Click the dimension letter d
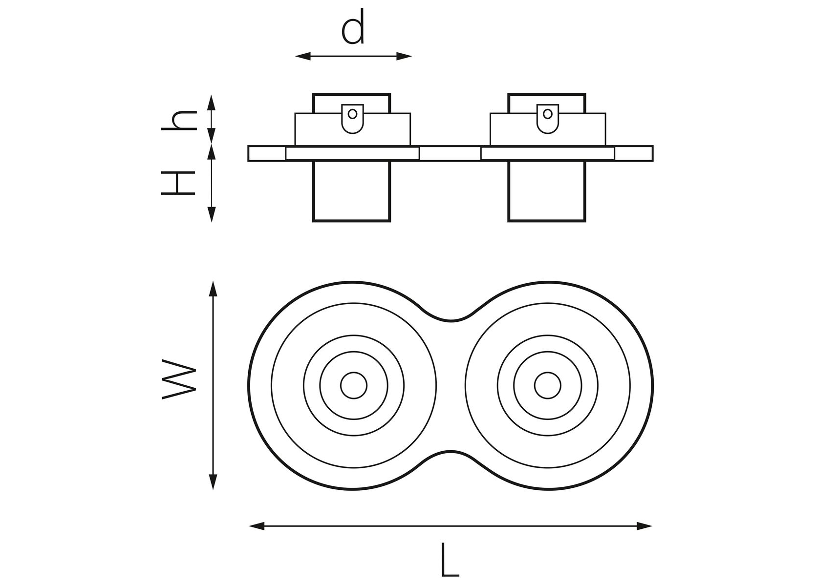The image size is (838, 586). pos(353,28)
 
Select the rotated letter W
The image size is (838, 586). pos(178,379)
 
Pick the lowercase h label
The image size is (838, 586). pos(179,120)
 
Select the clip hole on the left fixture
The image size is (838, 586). pos(352,114)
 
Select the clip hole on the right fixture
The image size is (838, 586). pos(547,114)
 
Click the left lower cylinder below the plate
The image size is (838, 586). pos(351,191)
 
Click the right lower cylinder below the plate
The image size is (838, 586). pos(546,191)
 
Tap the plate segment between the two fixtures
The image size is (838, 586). pos(450,153)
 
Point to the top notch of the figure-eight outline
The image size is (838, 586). pos(450,320)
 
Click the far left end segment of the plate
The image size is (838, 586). pos(267,153)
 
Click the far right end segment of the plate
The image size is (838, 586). pos(633,153)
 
